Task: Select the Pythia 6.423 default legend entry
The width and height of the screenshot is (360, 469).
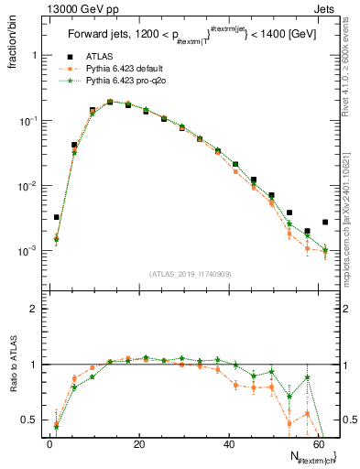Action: click(x=125, y=70)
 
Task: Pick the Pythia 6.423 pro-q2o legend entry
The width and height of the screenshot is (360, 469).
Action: click(x=125, y=81)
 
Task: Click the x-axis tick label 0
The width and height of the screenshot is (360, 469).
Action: click(x=49, y=444)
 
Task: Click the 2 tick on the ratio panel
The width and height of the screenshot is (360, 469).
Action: click(x=38, y=309)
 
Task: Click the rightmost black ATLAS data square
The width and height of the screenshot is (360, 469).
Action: click(x=325, y=222)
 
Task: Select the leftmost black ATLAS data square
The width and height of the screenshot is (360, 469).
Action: click(x=57, y=218)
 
